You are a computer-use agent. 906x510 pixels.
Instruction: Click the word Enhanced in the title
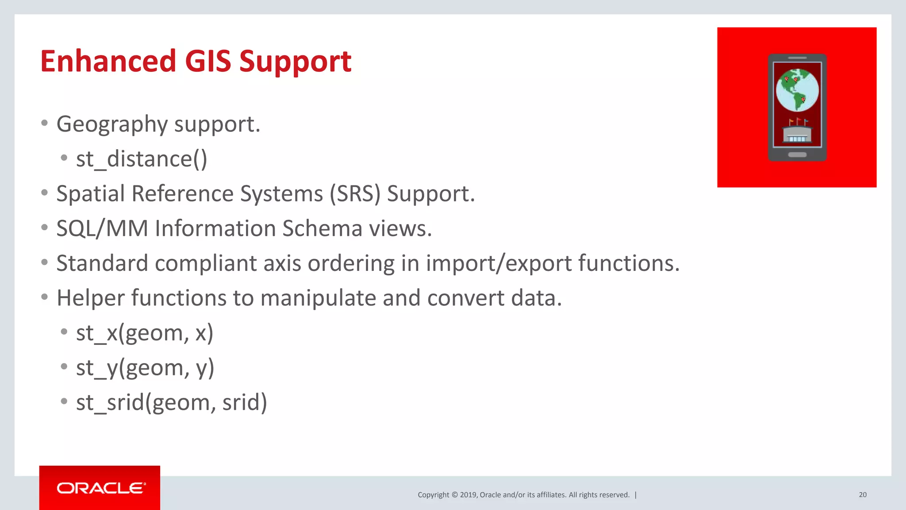point(108,61)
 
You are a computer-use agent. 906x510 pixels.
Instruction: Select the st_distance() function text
point(142,159)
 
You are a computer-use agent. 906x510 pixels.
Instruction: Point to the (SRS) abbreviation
point(355,194)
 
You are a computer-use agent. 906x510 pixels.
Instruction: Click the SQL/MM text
point(102,229)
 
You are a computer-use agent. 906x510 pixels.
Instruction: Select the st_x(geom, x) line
point(145,333)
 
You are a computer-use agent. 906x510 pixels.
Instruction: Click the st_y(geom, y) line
point(145,368)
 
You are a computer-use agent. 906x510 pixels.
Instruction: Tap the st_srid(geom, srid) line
point(172,402)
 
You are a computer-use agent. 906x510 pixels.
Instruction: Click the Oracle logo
point(100,488)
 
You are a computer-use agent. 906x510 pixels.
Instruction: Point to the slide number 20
point(862,495)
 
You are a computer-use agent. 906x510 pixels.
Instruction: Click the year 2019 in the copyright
point(468,495)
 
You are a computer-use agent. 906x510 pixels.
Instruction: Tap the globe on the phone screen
point(797,90)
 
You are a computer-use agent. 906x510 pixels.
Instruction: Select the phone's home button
point(797,155)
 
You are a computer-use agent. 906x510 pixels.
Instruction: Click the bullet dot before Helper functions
point(44,297)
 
